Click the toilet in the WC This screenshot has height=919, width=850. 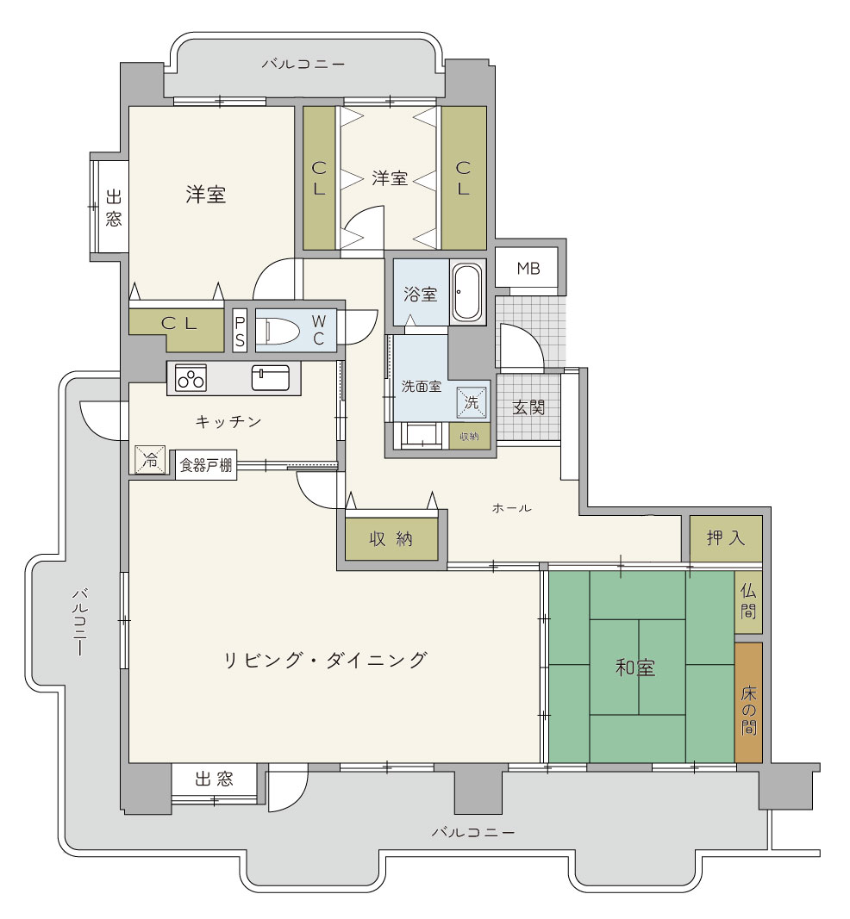click(x=283, y=331)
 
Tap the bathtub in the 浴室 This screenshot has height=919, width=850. click(x=467, y=292)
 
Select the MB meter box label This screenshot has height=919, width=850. click(x=528, y=269)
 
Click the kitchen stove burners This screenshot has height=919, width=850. click(x=191, y=378)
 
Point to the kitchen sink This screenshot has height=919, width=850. click(x=271, y=377)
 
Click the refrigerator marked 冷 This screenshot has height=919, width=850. click(x=150, y=460)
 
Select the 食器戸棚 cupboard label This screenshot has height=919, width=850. click(x=206, y=465)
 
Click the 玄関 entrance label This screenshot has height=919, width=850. click(x=528, y=407)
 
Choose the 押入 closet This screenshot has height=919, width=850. click(x=726, y=538)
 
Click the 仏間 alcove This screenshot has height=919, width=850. click(x=748, y=602)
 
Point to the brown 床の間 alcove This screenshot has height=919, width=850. click(x=748, y=702)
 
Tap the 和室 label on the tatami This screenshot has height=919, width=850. click(x=635, y=667)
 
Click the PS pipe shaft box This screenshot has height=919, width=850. click(x=240, y=331)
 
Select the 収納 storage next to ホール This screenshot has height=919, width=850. click(x=391, y=538)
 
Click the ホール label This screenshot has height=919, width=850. click(x=511, y=507)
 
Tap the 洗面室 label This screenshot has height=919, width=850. click(x=422, y=386)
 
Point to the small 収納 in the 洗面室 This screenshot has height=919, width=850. click(x=469, y=436)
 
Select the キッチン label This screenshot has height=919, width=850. click(x=228, y=421)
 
